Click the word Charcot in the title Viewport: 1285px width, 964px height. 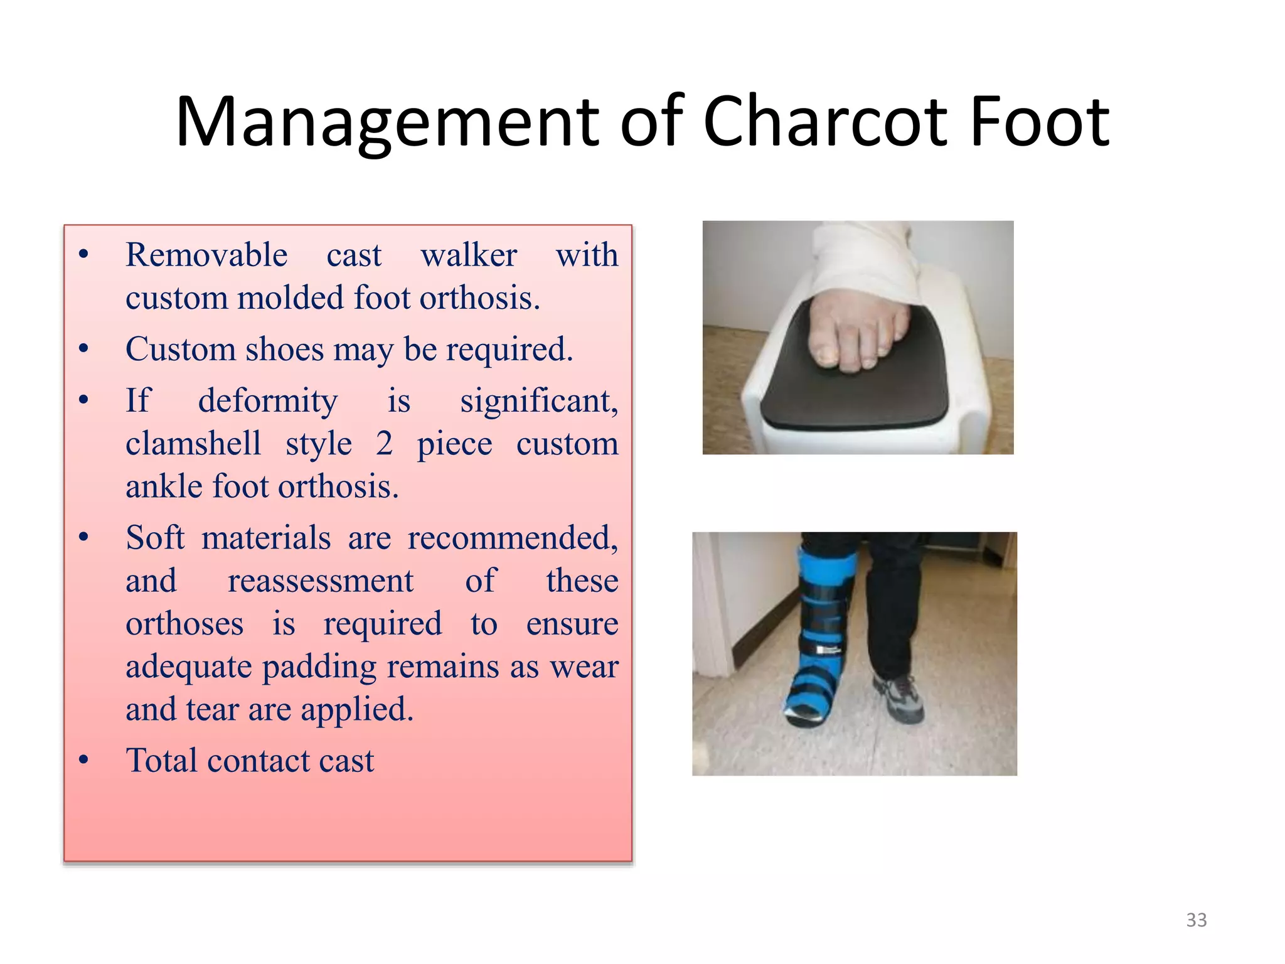tap(826, 122)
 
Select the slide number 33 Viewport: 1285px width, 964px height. tap(1196, 920)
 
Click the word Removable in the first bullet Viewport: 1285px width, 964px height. tap(206, 255)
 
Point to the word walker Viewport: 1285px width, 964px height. tap(469, 255)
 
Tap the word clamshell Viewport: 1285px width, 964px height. tap(193, 444)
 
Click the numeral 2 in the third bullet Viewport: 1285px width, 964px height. tap(385, 444)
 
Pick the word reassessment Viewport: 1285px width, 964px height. tap(321, 581)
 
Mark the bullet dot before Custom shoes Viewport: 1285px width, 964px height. tap(84, 350)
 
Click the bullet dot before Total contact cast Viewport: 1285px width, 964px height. tap(84, 761)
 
